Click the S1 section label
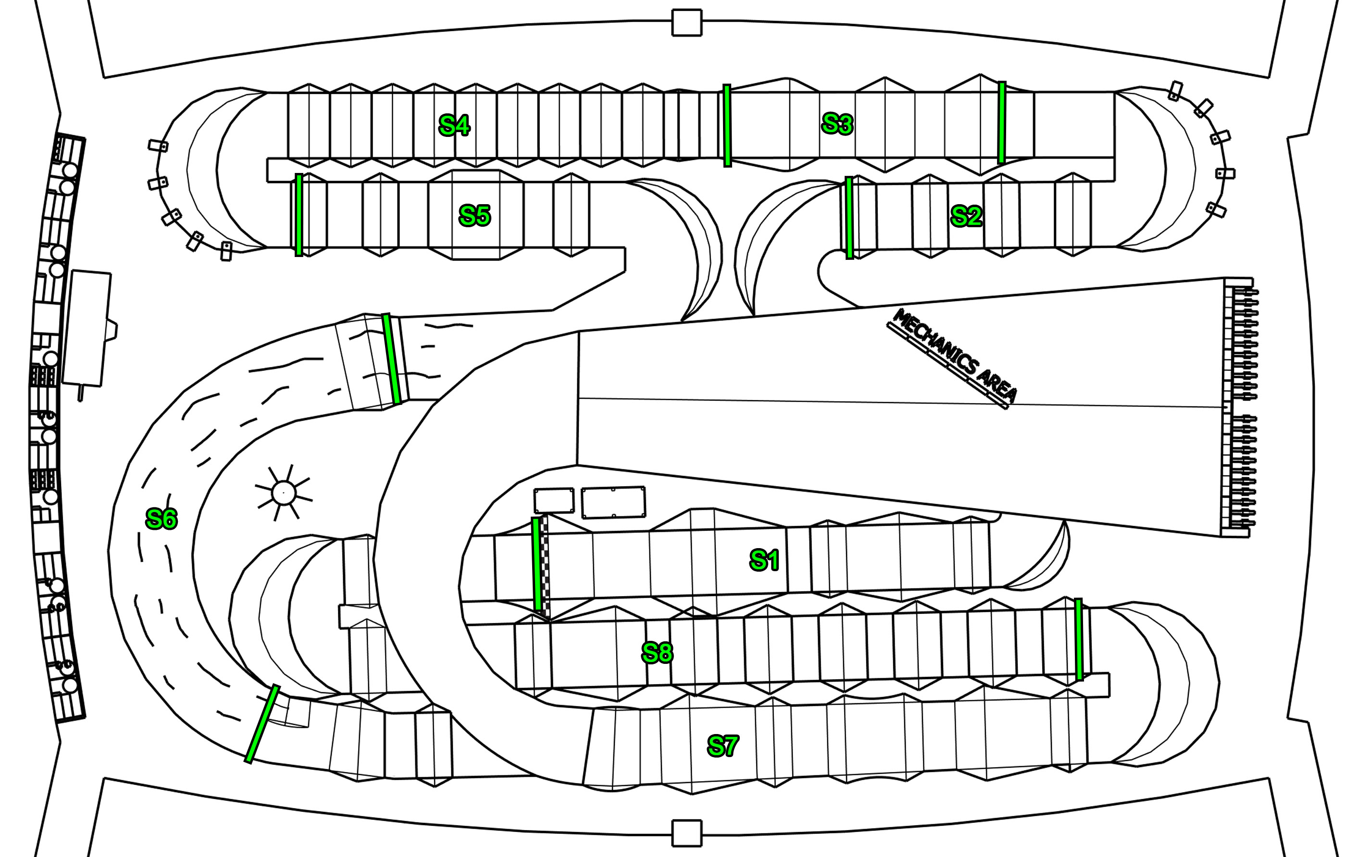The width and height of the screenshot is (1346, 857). [x=764, y=560]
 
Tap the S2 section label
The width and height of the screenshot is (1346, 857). [x=966, y=216]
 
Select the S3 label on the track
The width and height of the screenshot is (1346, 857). [x=837, y=124]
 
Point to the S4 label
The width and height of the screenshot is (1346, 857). [x=454, y=126]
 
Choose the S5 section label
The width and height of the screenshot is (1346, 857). [x=474, y=216]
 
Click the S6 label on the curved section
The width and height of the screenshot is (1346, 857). [x=161, y=519]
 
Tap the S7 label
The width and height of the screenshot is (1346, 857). [x=723, y=746]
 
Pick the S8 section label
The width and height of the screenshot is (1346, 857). [x=657, y=652]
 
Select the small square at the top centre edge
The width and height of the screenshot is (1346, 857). [x=686, y=23]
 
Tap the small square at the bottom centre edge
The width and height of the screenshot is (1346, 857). [x=686, y=833]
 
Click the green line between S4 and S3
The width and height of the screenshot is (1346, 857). [x=727, y=126]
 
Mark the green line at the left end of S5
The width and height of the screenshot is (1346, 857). [x=299, y=215]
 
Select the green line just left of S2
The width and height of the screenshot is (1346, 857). [x=849, y=218]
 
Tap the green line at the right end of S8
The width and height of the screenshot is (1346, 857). [x=1079, y=640]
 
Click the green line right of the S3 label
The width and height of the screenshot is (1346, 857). [x=1002, y=123]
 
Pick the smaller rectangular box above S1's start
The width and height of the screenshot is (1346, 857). [x=553, y=501]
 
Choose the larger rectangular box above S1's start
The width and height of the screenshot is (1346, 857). [x=613, y=502]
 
